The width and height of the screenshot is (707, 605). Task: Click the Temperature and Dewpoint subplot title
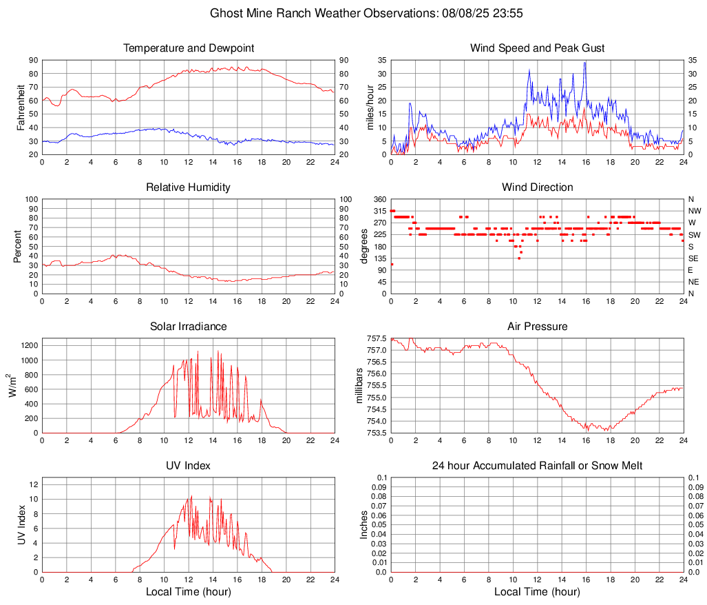[x=189, y=48]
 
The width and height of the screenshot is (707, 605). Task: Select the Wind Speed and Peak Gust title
[x=537, y=48]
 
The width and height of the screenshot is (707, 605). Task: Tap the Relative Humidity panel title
[x=189, y=187]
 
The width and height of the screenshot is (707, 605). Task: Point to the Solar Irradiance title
[x=189, y=326]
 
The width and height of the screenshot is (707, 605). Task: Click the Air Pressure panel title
[x=537, y=326]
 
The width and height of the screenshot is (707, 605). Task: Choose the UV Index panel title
[x=189, y=466]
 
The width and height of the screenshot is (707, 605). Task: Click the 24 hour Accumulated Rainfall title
[x=537, y=466]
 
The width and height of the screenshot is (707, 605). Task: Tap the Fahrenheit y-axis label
[x=21, y=107]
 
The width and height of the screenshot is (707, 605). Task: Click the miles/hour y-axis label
[x=370, y=107]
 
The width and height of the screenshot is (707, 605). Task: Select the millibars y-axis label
[x=359, y=385]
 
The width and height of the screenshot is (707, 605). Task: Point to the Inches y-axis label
[x=364, y=524]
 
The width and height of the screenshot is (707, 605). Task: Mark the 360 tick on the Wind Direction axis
[x=379, y=199]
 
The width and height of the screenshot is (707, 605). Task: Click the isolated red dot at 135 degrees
[x=519, y=258]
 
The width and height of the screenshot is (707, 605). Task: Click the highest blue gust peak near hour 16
[x=585, y=62]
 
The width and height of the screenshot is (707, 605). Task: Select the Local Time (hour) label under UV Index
[x=189, y=592]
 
